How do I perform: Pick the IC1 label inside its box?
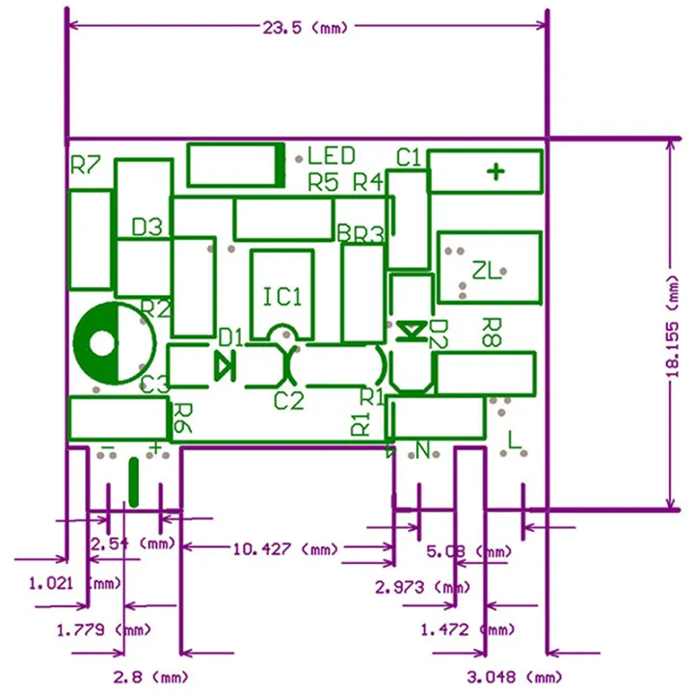click(x=282, y=296)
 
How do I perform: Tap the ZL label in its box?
click(x=487, y=271)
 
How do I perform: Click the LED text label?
click(x=332, y=156)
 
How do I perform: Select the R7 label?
click(x=86, y=166)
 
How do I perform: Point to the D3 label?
click(x=147, y=227)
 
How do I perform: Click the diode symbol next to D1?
click(x=224, y=364)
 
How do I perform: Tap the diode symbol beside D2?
click(x=413, y=331)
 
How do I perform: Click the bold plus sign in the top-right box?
click(x=495, y=173)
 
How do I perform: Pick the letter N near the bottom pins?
click(x=422, y=449)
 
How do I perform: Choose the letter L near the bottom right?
click(x=514, y=440)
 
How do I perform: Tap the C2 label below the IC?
click(x=288, y=400)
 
